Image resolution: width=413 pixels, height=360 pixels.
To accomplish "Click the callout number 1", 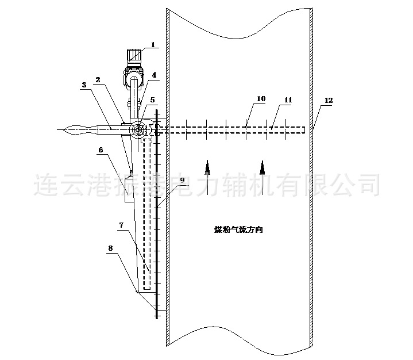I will (153, 44).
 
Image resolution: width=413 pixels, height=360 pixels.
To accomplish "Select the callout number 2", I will (98, 80).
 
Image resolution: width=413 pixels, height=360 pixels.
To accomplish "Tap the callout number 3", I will (84, 85).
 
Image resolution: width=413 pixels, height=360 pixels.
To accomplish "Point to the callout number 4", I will (154, 74).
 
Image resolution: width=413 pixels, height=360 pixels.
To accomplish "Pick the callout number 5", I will (152, 99).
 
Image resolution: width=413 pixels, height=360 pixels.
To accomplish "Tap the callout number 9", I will (182, 180).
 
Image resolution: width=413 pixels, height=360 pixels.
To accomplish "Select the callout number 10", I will (261, 99).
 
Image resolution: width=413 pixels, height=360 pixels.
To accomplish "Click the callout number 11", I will (288, 99).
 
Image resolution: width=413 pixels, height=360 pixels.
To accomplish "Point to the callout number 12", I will (328, 100).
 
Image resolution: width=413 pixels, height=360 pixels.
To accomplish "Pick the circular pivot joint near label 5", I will (138, 131).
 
